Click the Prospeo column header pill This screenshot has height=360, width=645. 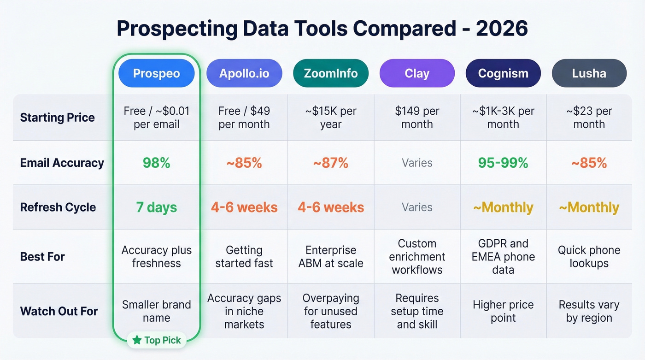coord(156,73)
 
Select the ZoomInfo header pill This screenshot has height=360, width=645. coord(330,73)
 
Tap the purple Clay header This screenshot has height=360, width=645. coord(417,73)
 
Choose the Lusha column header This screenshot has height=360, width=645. coord(589,73)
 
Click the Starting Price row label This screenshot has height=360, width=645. coord(57,118)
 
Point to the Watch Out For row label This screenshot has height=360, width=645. coord(59,311)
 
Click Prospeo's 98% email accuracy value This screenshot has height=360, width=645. coord(156,163)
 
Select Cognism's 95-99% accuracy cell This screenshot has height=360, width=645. coord(503,163)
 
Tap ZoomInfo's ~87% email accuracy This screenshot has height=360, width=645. coord(330,163)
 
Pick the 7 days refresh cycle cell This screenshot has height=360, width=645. coord(156,207)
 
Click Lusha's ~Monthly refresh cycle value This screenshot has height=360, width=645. coord(589,207)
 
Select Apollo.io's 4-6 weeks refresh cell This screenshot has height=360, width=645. coord(244,207)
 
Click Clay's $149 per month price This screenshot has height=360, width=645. coord(417,118)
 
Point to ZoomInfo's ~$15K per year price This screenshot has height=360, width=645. coord(330,118)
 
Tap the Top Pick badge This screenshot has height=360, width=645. coord(157,340)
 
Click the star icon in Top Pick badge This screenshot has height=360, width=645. coord(137,340)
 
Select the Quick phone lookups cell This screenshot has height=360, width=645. coord(589,256)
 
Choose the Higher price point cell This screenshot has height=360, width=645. coord(503,311)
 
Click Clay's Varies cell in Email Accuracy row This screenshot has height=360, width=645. coord(417,163)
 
